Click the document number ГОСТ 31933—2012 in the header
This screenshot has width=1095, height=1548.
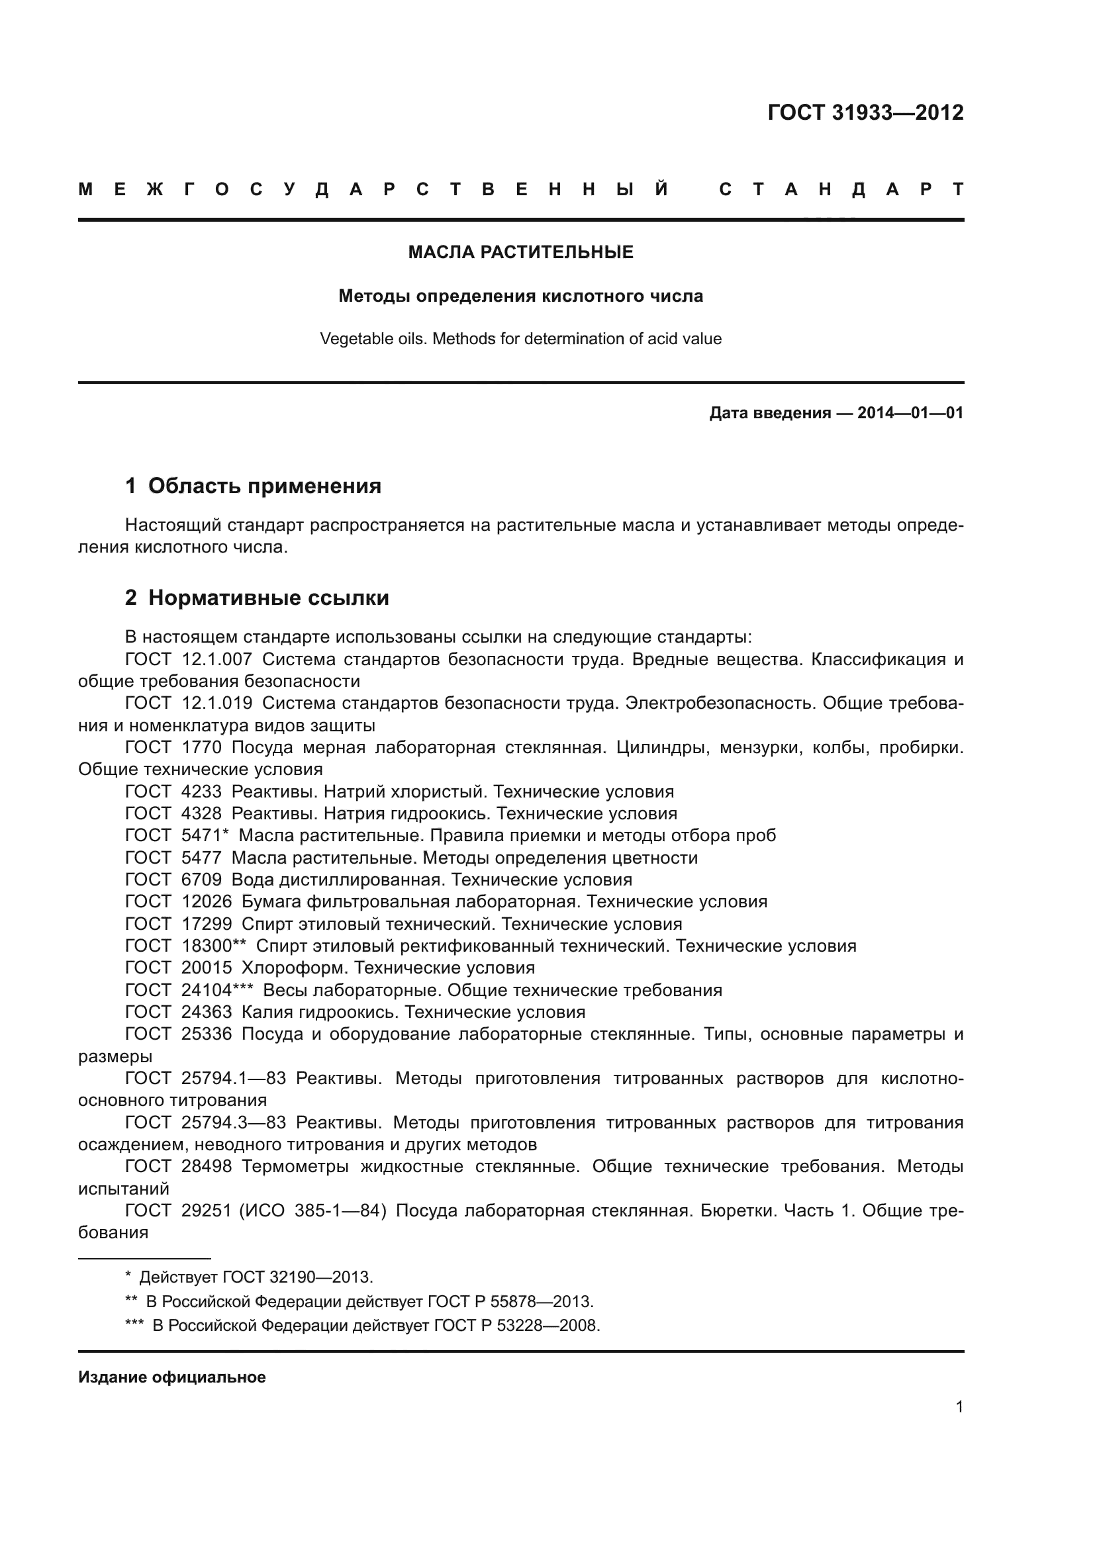tap(865, 113)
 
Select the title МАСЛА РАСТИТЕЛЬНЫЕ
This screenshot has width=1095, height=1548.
tap(520, 252)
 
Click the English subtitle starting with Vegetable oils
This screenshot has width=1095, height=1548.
tap(520, 338)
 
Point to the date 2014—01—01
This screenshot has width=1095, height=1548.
tap(910, 412)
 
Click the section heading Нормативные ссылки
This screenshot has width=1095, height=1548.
tap(268, 598)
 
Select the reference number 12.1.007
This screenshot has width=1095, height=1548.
tap(216, 659)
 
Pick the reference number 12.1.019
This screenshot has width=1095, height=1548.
tap(216, 704)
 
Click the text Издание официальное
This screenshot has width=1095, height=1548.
tap(172, 1377)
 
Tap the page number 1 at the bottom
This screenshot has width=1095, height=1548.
tap(959, 1407)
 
